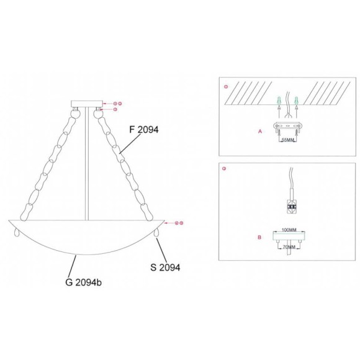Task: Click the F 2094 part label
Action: tap(144, 130)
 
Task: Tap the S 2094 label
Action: tap(165, 268)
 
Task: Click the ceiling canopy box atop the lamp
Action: tap(88, 103)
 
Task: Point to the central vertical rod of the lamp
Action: tap(88, 161)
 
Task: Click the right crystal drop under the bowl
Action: tap(158, 232)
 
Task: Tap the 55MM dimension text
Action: tap(287, 140)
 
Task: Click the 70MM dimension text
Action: tap(288, 247)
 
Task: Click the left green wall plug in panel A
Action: tap(279, 99)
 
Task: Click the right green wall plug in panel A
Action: tap(297, 99)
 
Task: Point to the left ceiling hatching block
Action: tap(248, 92)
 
